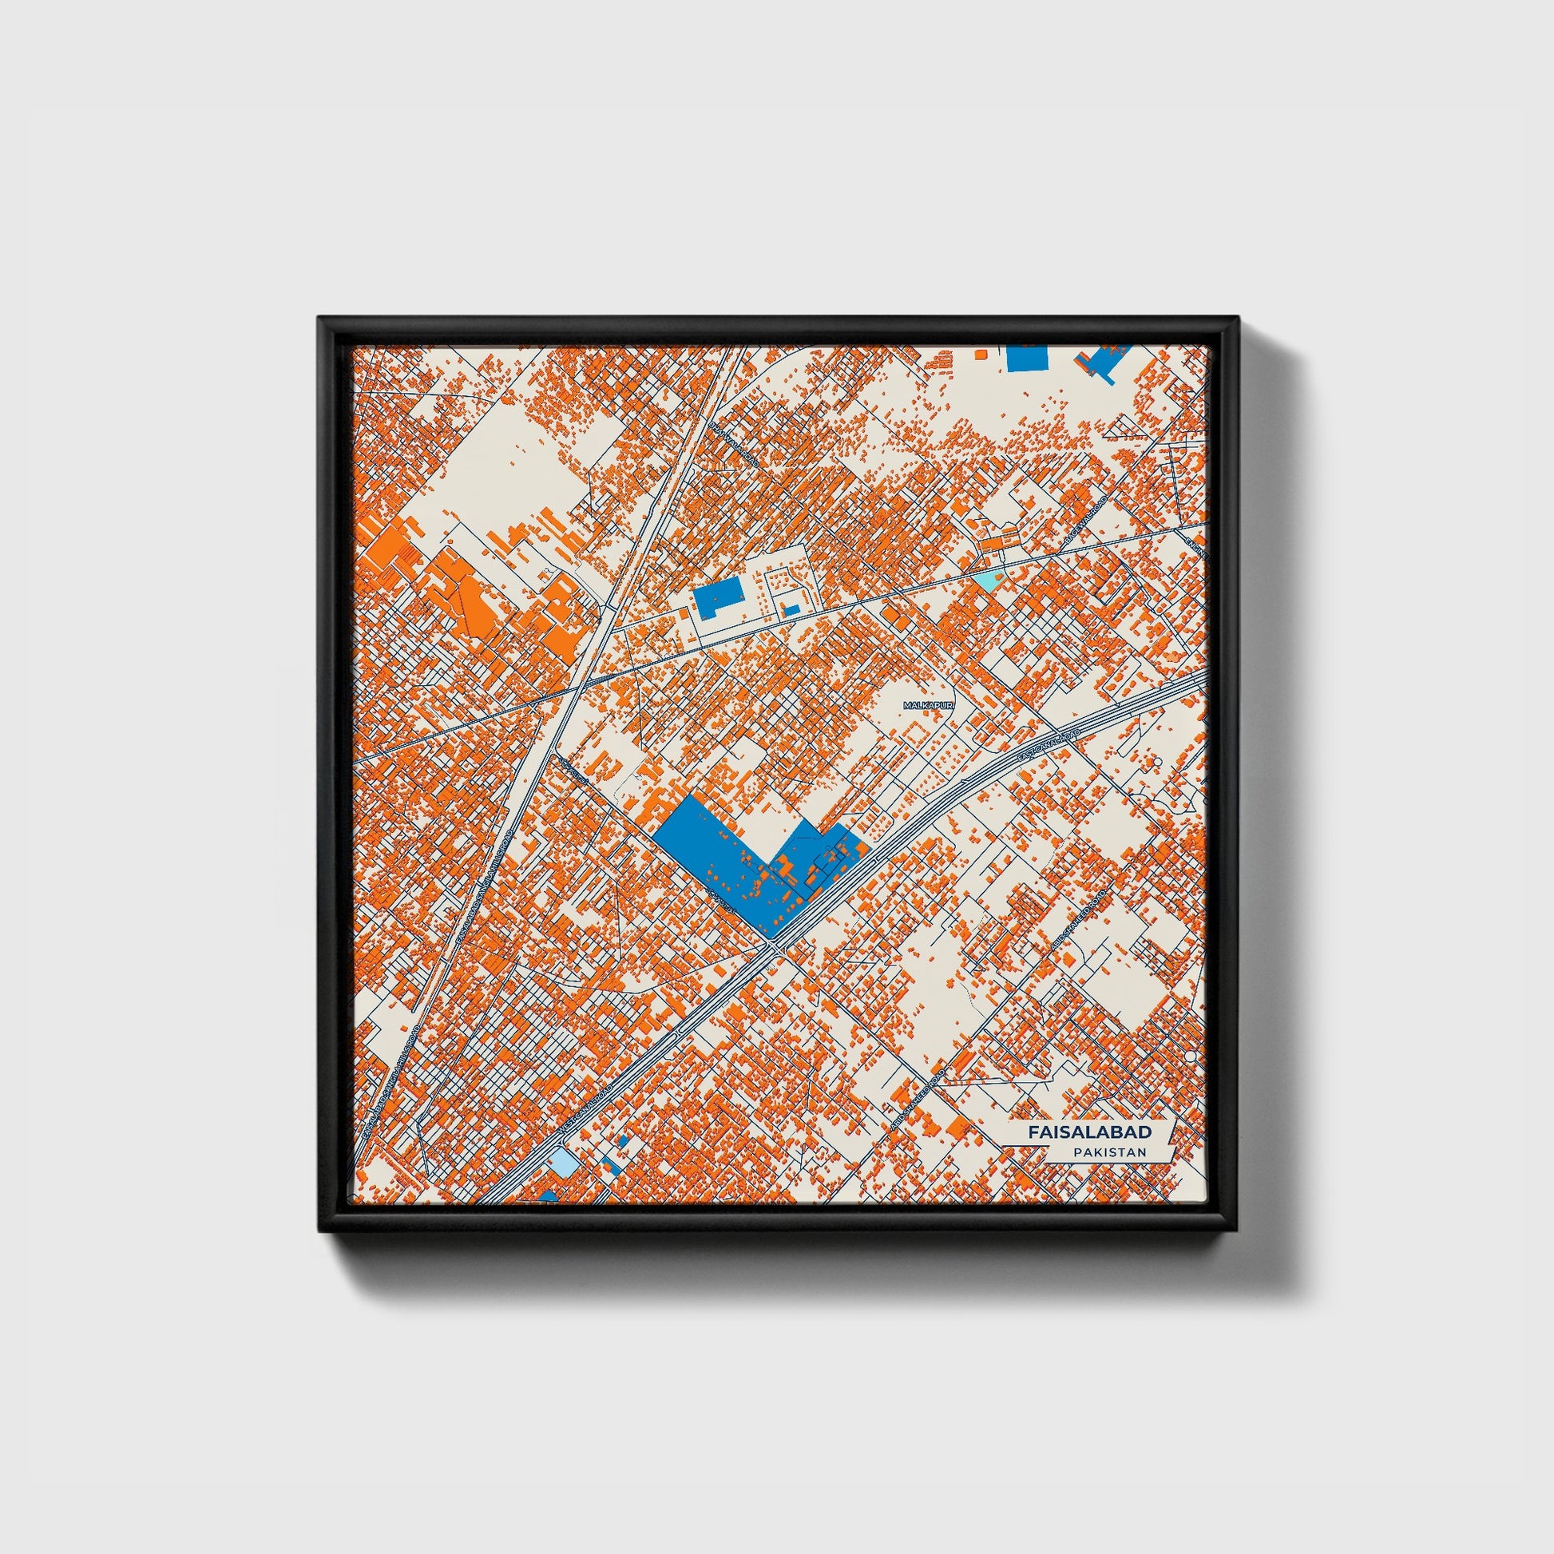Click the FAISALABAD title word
click(1089, 1131)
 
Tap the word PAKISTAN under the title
click(1108, 1152)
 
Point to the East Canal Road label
click(1046, 747)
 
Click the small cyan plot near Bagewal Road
click(984, 579)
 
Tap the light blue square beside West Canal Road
click(561, 1161)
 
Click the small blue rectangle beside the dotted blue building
click(791, 609)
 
